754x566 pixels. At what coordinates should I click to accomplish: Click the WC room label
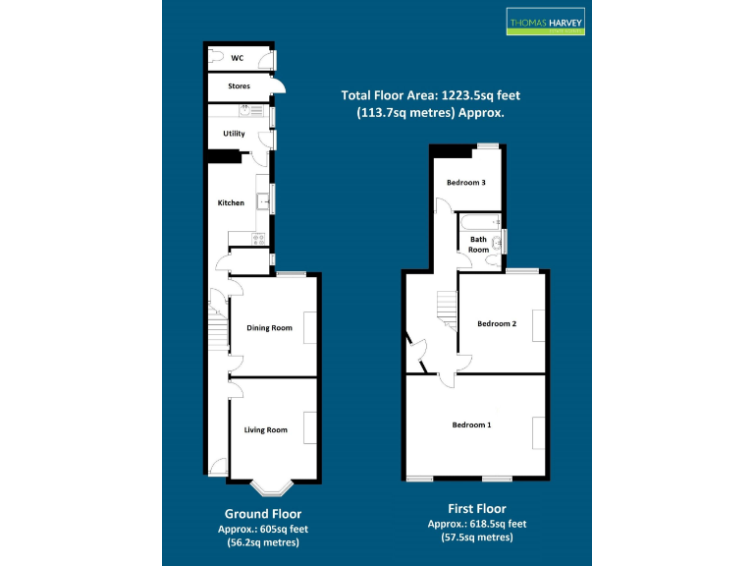point(237,58)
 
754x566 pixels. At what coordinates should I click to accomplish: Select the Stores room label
point(239,86)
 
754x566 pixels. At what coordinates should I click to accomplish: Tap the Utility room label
point(234,133)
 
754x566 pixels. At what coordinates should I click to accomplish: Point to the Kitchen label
point(231,203)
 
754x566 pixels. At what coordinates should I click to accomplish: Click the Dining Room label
point(269,328)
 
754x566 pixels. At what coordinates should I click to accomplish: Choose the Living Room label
point(266,429)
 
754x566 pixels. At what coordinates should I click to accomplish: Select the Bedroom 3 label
point(466,183)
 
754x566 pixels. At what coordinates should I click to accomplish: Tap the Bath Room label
point(478,244)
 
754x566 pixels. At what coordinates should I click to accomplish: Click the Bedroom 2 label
point(496,323)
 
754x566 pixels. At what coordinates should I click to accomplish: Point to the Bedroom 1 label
point(471,424)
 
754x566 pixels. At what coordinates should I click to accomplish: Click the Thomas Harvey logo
point(545,22)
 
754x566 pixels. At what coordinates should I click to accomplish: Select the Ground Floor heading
point(263,514)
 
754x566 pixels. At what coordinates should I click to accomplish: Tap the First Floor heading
point(477,509)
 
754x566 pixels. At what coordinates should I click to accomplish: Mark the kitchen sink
point(263,202)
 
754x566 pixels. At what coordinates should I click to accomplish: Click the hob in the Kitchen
point(260,238)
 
